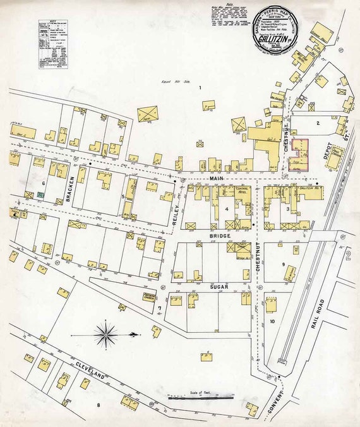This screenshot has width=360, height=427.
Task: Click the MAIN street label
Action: pos(213,180)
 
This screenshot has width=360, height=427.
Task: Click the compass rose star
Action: pos(106,334)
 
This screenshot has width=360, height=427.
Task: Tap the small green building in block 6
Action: pos(40,196)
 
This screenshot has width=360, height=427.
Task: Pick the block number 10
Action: pos(272,322)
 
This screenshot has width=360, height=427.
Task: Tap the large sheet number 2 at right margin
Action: pos(349,255)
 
